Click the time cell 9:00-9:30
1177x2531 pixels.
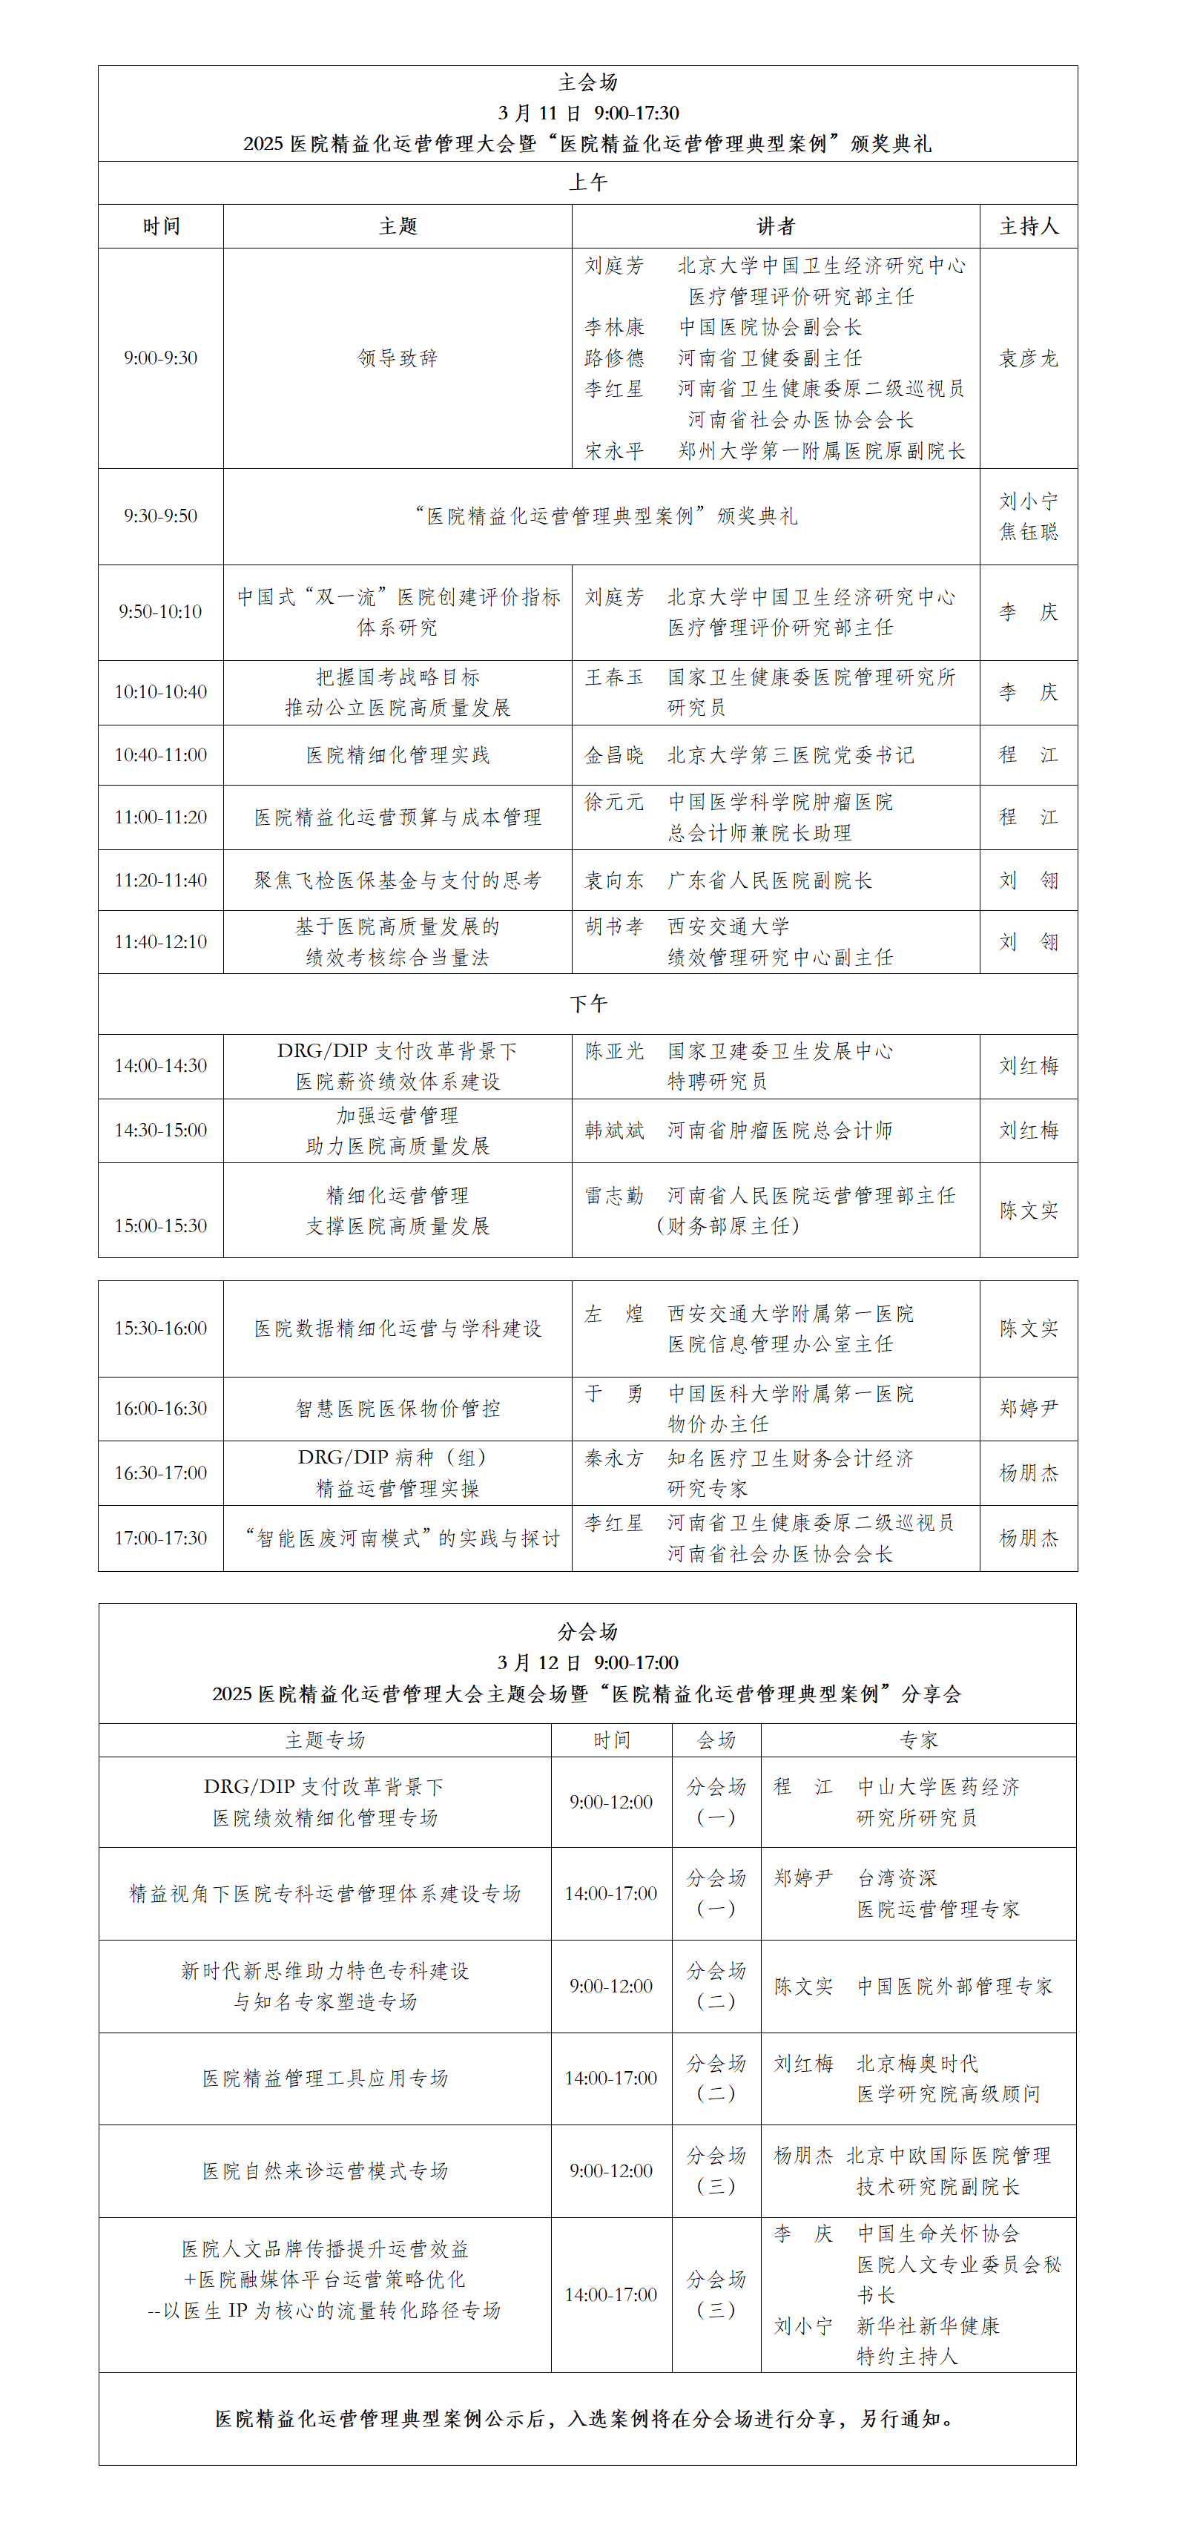click(160, 358)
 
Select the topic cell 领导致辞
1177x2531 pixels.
click(397, 358)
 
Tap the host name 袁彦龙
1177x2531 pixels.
click(1029, 358)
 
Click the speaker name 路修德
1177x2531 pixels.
click(614, 358)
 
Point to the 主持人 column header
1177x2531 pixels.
click(1029, 226)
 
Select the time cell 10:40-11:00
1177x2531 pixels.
click(160, 754)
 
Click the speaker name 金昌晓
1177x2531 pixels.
click(614, 754)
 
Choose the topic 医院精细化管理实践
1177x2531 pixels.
click(397, 754)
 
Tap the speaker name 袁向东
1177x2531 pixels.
click(614, 881)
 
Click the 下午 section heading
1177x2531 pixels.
click(587, 1003)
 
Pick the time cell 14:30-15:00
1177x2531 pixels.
click(160, 1130)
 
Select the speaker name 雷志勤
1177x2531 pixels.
click(614, 1195)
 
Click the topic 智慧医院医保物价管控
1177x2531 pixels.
click(397, 1408)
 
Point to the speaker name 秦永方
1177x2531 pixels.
click(614, 1458)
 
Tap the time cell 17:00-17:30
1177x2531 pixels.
click(160, 1538)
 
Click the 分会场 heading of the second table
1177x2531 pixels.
click(587, 1632)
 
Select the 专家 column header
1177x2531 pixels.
click(917, 1740)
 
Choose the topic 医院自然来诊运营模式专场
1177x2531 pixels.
click(324, 2170)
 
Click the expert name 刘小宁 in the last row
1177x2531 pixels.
click(802, 2326)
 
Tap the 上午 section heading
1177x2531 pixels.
click(587, 182)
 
